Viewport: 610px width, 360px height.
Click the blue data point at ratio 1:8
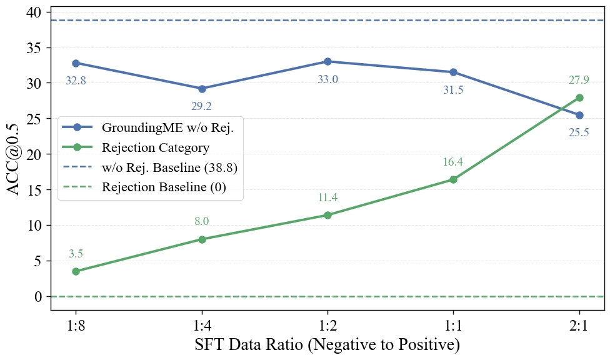tap(76, 63)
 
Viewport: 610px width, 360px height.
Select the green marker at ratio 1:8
tap(76, 271)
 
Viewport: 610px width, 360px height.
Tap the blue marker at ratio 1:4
tap(202, 89)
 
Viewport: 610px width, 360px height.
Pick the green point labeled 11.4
tap(327, 215)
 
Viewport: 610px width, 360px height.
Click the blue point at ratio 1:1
tap(453, 72)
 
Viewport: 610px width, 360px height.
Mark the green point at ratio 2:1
tap(579, 97)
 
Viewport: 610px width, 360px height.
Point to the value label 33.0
tap(327, 79)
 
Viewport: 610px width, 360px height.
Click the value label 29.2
tap(201, 107)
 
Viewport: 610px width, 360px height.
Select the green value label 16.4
tap(453, 162)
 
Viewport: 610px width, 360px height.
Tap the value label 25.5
tap(579, 132)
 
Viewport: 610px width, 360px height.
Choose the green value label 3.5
tap(76, 254)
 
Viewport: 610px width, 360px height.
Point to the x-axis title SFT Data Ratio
tap(327, 344)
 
